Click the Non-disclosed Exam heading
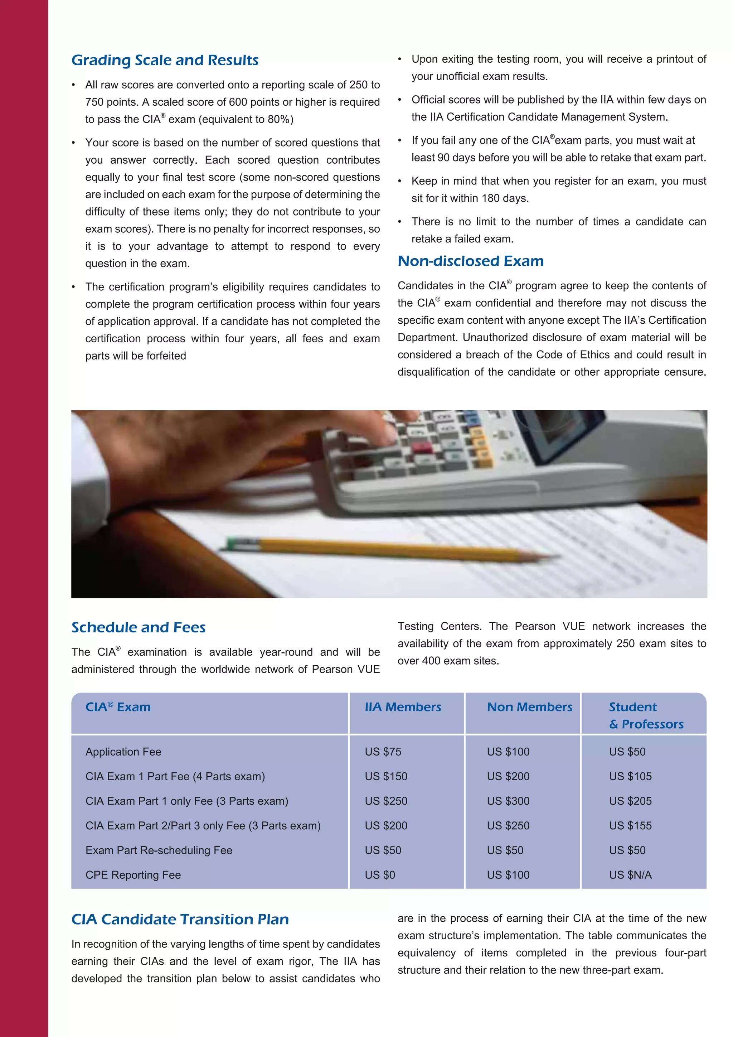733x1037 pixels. point(470,261)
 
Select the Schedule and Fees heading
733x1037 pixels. point(138,627)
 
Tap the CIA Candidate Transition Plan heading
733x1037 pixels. point(180,919)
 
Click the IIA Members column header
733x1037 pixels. point(403,707)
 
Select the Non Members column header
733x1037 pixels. point(529,707)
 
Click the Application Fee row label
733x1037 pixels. point(123,752)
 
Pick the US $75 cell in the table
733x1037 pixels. point(383,752)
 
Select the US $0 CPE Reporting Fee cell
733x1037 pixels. point(380,875)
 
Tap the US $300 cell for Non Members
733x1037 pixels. point(508,801)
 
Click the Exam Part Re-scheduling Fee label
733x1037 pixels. point(159,850)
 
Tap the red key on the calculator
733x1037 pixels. point(422,448)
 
